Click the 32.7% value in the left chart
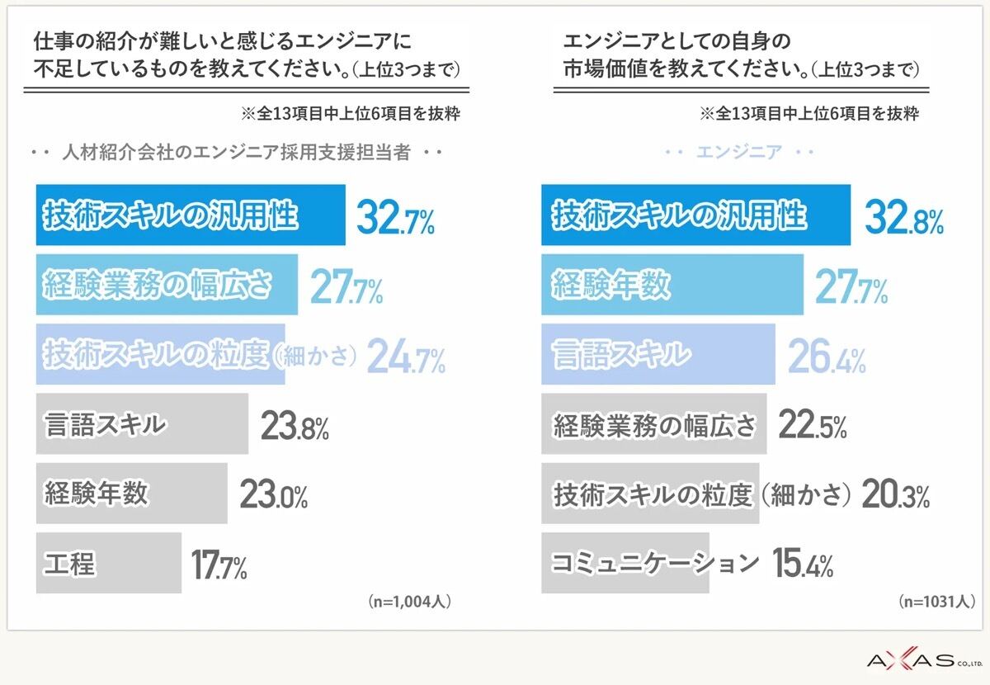(x=395, y=217)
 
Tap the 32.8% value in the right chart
(x=904, y=217)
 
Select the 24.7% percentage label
(x=406, y=356)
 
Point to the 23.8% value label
(x=295, y=425)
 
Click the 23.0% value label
(x=274, y=494)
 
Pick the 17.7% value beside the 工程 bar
(x=219, y=565)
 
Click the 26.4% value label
(x=827, y=356)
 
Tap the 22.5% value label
(x=813, y=424)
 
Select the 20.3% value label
(x=896, y=494)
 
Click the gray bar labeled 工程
(x=109, y=563)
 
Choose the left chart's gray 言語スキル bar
(x=142, y=423)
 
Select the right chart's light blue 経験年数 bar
(x=672, y=285)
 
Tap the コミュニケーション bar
(x=625, y=563)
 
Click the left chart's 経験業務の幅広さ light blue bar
(x=167, y=285)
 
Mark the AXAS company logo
(x=925, y=661)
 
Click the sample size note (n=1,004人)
(x=410, y=602)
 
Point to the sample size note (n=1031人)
(x=937, y=602)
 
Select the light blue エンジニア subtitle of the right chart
(x=739, y=153)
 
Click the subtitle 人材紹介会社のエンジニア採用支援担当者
(x=237, y=153)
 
